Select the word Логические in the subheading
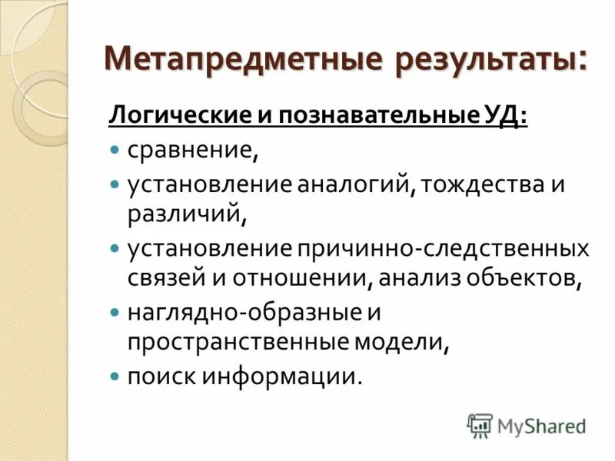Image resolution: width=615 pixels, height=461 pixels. coord(174,115)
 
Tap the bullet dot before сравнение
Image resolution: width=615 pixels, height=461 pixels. coord(115,148)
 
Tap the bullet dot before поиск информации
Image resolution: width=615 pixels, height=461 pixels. coord(115,376)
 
